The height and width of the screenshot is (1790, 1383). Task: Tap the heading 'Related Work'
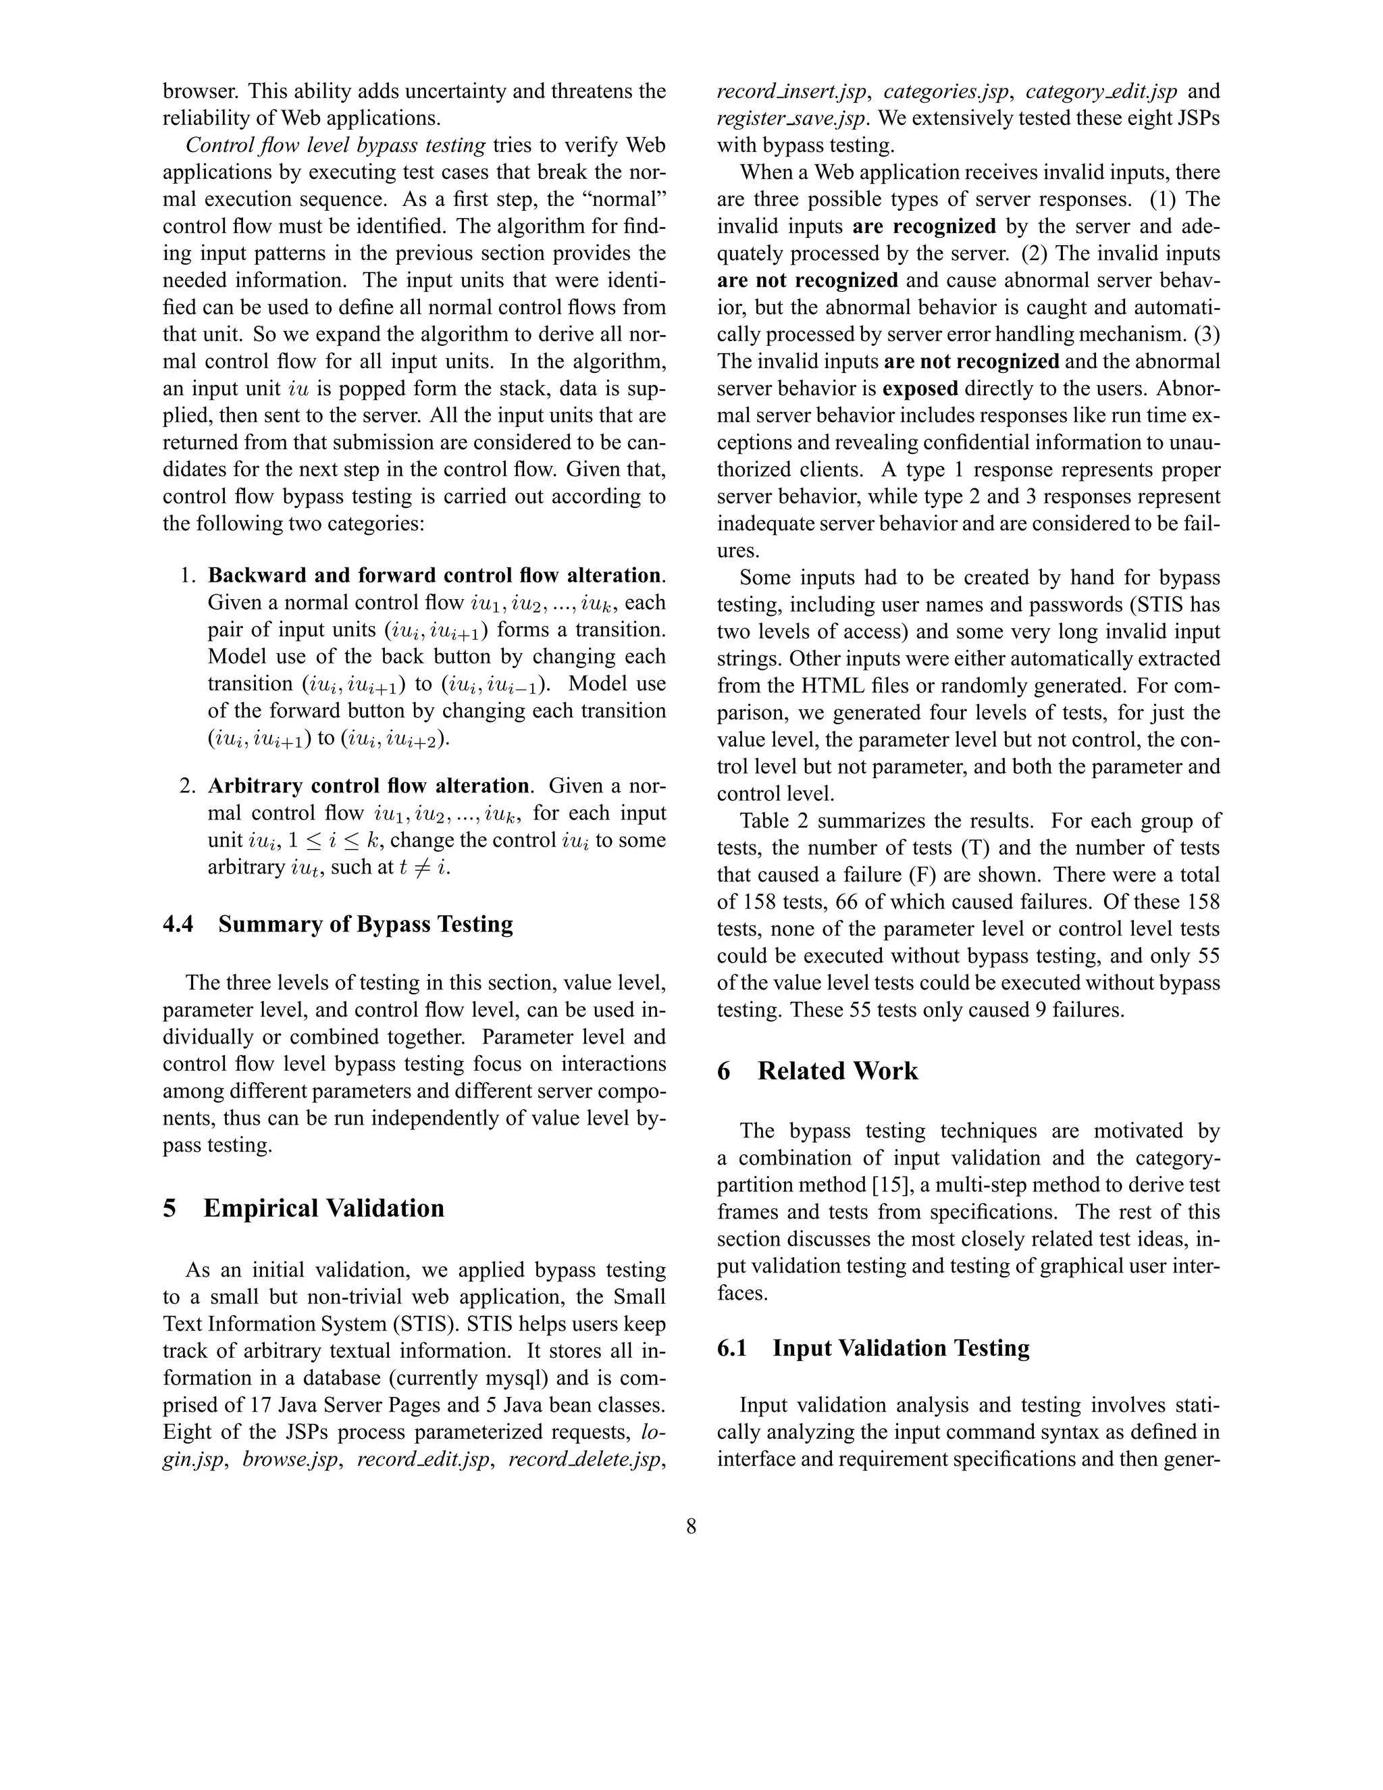click(x=837, y=1071)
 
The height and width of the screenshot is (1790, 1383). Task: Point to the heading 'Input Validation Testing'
click(x=900, y=1348)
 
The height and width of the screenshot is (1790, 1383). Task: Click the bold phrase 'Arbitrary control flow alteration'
click(x=368, y=786)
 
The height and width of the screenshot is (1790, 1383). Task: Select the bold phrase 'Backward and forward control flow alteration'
click(x=434, y=576)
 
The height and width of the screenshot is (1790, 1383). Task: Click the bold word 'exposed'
click(x=919, y=388)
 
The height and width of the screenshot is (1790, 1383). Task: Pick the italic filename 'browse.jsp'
click(x=290, y=1460)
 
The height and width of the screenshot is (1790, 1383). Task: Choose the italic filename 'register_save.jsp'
click(x=791, y=118)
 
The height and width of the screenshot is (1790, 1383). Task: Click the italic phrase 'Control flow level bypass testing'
click(x=336, y=145)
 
